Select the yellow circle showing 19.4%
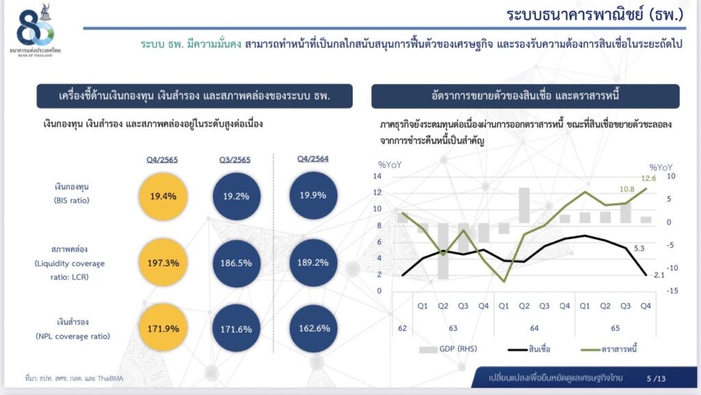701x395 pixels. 163,196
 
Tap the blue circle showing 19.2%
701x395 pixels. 236,196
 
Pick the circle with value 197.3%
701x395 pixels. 163,263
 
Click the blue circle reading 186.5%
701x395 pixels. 236,263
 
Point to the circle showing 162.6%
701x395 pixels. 314,329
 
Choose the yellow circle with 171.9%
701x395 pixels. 163,329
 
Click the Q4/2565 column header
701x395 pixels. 162,160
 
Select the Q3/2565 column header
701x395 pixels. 235,160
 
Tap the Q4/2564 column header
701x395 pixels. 313,159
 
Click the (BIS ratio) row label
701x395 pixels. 71,201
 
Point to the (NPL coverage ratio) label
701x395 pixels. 73,336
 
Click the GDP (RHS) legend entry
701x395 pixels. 448,349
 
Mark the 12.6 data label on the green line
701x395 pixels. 648,178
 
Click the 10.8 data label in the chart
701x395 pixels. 627,189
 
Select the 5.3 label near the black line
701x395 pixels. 639,249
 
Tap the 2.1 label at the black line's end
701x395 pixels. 659,275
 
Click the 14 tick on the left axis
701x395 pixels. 377,176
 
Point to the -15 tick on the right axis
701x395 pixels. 672,290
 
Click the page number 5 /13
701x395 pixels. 656,379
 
